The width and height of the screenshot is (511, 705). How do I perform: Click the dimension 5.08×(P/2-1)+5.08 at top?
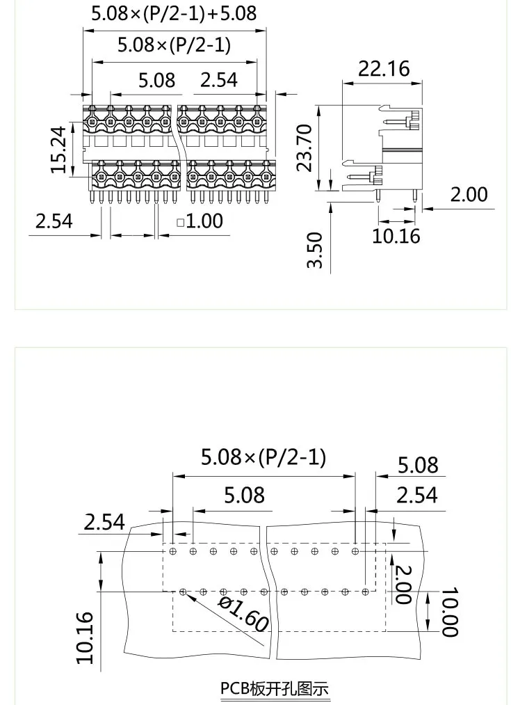point(174,13)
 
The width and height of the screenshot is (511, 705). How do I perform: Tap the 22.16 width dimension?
point(384,69)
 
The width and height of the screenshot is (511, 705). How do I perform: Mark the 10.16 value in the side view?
point(396,235)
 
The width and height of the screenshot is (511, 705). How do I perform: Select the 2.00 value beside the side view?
point(469,194)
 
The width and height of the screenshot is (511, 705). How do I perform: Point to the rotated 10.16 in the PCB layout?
point(84,637)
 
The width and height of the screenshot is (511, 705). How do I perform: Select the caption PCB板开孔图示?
point(275,689)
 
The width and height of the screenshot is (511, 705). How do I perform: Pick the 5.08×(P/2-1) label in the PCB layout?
point(263,457)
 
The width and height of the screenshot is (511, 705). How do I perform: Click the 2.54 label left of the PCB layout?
point(104,521)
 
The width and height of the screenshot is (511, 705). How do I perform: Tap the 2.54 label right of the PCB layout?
point(417,495)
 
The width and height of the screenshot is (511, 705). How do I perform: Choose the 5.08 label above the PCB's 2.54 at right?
point(418,465)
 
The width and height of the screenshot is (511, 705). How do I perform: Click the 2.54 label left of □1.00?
point(54,221)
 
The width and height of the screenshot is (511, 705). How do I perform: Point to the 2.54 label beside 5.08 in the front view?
point(219,80)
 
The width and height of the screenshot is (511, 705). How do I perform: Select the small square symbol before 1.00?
point(180,223)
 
